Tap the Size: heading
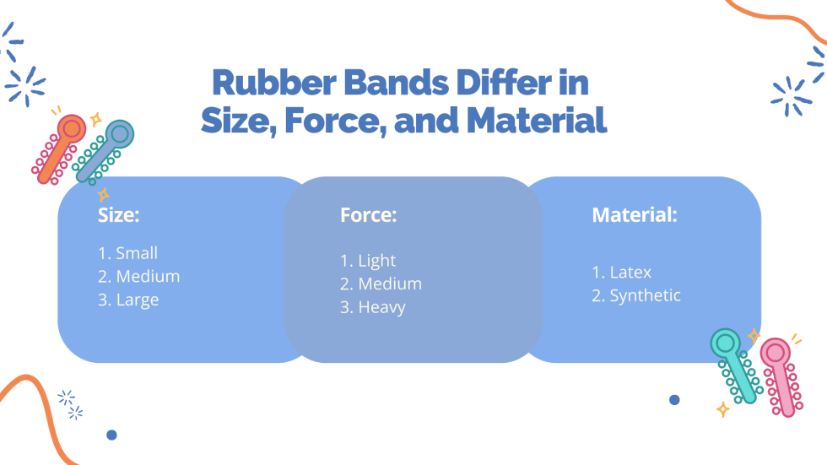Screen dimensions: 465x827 coord(119,215)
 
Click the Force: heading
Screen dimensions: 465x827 coord(369,215)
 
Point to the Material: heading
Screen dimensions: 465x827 coord(635,215)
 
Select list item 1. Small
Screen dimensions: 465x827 coord(128,253)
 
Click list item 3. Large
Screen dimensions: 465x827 coord(128,300)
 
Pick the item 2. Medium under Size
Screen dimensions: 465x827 coord(139,276)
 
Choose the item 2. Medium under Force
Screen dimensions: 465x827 coord(381,284)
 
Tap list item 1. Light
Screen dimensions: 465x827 coord(368,261)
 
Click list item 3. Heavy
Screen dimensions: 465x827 coord(373,307)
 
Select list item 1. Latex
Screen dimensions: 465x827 coord(622,273)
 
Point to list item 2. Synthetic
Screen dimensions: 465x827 coord(636,295)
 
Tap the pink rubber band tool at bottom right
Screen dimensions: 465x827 coord(780,376)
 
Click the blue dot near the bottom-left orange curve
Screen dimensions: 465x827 coord(111,435)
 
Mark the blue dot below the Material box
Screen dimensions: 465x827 coord(674,400)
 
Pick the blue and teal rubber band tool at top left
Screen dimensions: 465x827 coord(105,150)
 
